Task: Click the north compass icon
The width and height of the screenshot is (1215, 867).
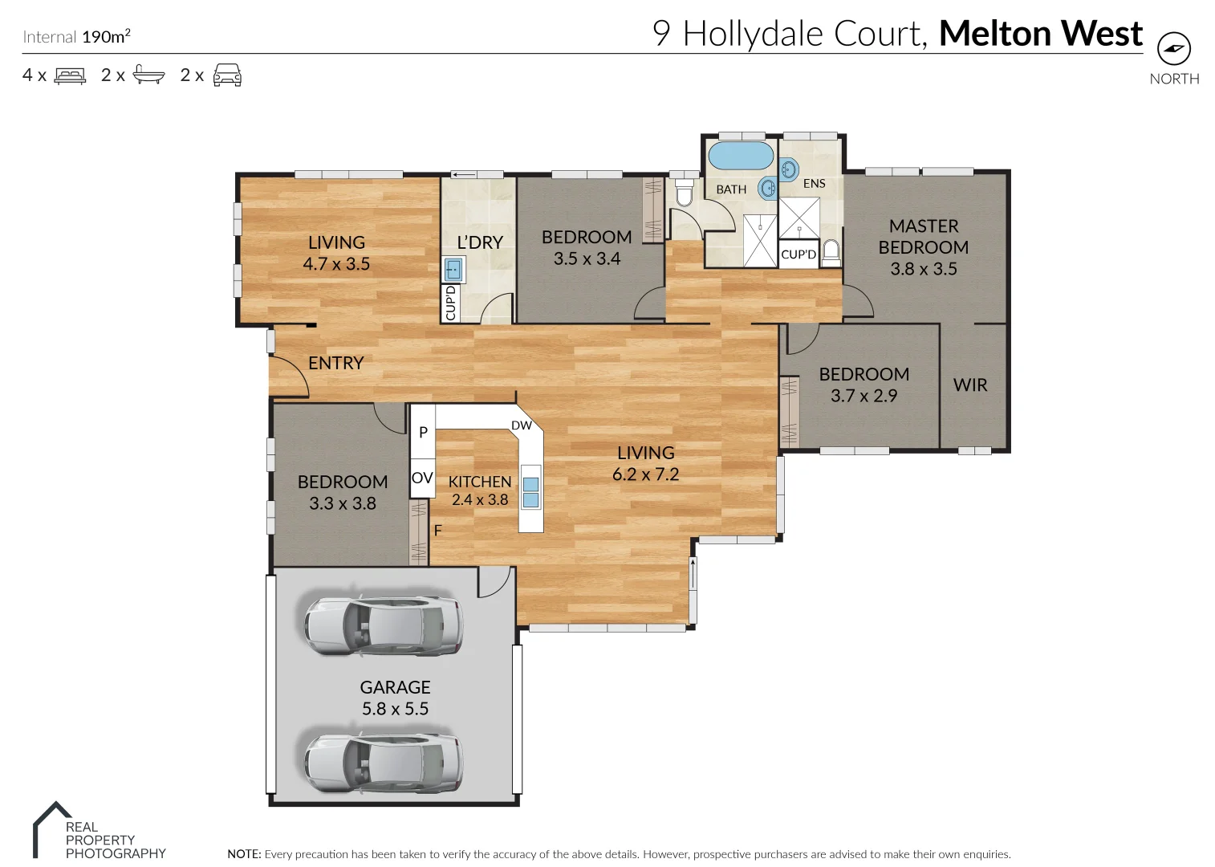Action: [x=1173, y=50]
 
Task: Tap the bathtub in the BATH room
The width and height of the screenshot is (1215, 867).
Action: [x=741, y=156]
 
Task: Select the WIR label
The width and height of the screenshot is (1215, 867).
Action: [x=970, y=385]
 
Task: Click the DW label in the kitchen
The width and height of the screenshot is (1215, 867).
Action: [x=522, y=425]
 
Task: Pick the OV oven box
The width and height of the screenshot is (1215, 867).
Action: [x=422, y=478]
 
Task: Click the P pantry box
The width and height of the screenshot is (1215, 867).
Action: [x=423, y=432]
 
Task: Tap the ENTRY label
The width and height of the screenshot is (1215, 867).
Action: [x=335, y=363]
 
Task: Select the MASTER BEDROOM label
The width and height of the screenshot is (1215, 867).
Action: [x=923, y=237]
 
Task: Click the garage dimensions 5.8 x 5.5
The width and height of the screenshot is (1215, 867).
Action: [x=395, y=709]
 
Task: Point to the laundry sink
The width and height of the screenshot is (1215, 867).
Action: [x=453, y=269]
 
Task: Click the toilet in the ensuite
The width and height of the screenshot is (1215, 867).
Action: [x=831, y=251]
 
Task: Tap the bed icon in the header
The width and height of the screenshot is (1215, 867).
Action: [x=70, y=76]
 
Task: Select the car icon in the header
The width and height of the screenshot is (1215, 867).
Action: [x=227, y=75]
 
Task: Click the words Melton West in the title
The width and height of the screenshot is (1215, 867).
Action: [x=1040, y=34]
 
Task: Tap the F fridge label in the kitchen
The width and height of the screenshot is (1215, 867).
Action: [x=438, y=531]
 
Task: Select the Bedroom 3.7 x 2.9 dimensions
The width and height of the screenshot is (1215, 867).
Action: [x=864, y=396]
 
